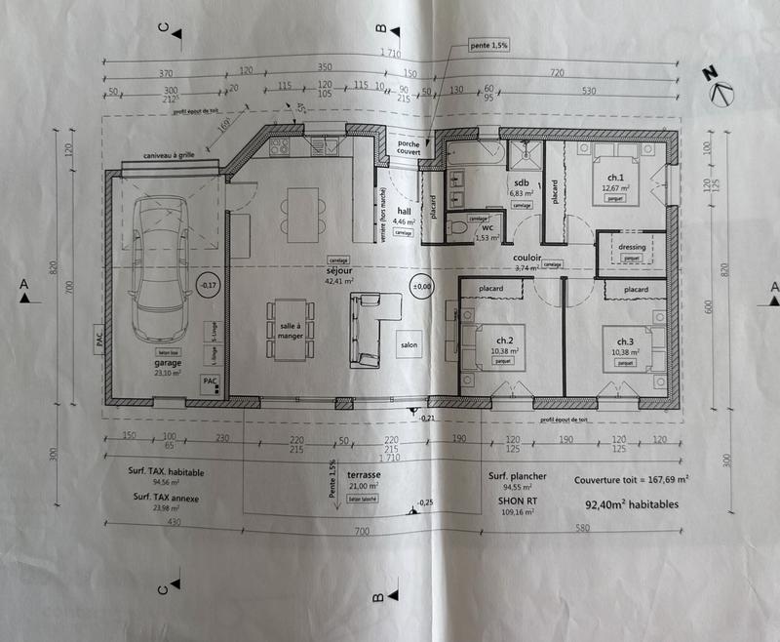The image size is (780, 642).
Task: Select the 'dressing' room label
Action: point(631,247)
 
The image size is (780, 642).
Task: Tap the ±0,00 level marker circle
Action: point(422,286)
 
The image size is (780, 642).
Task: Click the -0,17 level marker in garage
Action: point(207,286)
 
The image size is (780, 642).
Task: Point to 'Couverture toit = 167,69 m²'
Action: point(631,480)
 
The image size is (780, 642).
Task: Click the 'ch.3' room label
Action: point(621,341)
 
